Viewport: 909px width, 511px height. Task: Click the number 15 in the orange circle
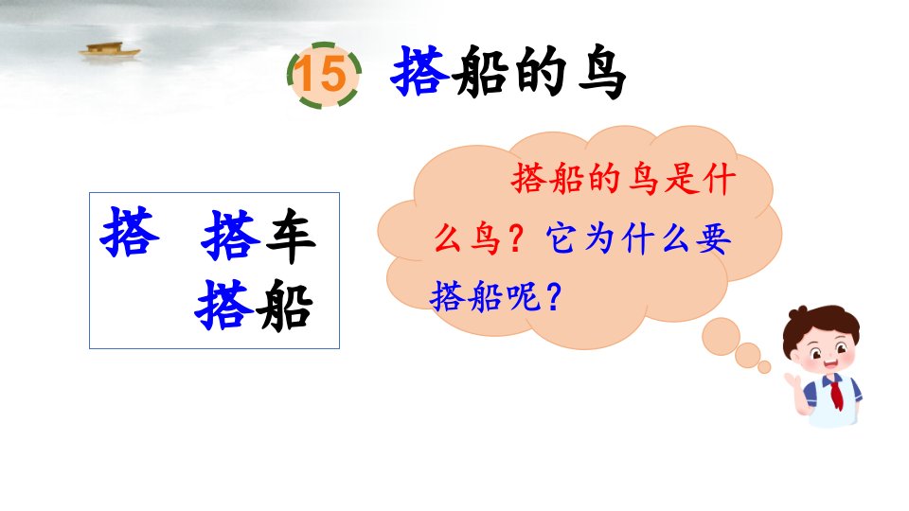pos(321,74)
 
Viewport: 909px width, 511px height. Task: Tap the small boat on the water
pos(110,50)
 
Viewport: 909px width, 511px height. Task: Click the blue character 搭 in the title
pos(419,72)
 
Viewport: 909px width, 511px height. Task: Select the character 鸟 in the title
pos(601,73)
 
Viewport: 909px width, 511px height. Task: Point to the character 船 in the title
pos(481,73)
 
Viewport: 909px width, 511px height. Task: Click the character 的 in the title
pos(540,73)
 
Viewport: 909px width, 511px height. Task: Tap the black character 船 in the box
pos(285,306)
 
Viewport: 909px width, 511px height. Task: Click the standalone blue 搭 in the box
pos(130,232)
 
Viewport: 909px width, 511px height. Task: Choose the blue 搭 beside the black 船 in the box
pos(224,305)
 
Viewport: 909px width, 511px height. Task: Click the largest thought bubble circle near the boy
pos(721,336)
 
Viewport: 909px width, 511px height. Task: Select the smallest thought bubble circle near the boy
pos(764,367)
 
